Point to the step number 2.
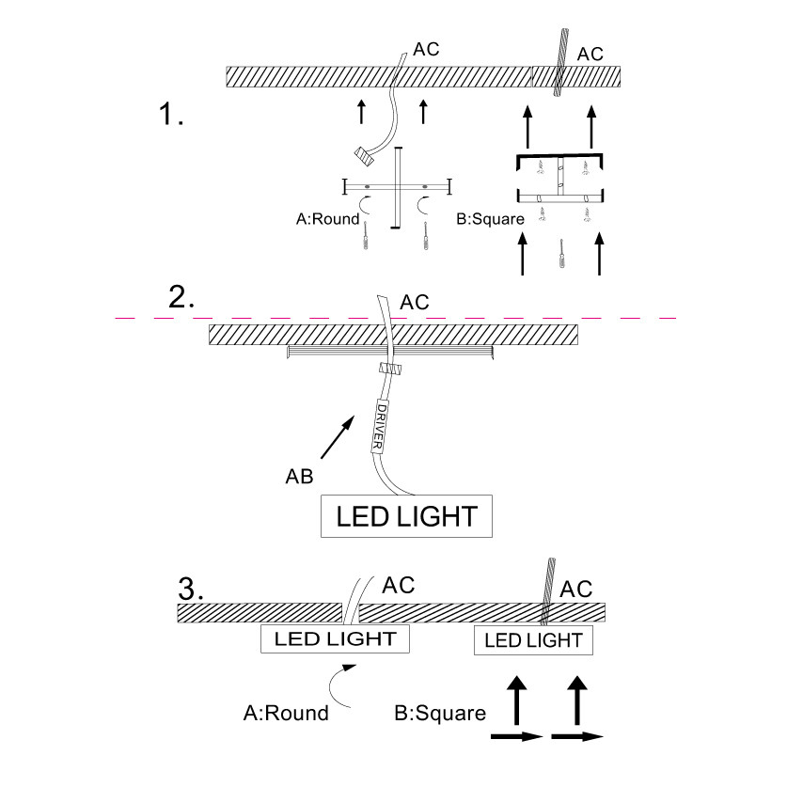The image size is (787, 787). [x=181, y=297]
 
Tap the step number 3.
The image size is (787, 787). [x=191, y=589]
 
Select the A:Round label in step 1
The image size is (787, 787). [x=327, y=219]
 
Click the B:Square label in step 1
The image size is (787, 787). [x=488, y=219]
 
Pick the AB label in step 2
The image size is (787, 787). [x=299, y=476]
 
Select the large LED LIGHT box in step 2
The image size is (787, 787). [x=406, y=515]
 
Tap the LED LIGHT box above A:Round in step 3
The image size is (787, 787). [x=336, y=640]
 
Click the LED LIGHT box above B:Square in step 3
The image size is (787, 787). [x=532, y=641]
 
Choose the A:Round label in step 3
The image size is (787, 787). [x=286, y=713]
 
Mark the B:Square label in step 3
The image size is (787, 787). [x=440, y=713]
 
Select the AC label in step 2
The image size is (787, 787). [x=415, y=302]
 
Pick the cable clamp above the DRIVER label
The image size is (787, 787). [x=387, y=370]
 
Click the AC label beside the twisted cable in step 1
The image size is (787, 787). [x=590, y=54]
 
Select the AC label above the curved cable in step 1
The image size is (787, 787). [x=425, y=48]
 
